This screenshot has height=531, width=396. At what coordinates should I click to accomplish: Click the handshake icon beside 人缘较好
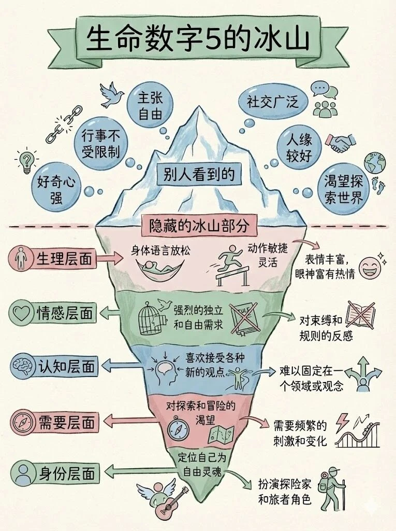tap(343, 143)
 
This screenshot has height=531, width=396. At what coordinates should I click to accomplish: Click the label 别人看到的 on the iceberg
tap(199, 174)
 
